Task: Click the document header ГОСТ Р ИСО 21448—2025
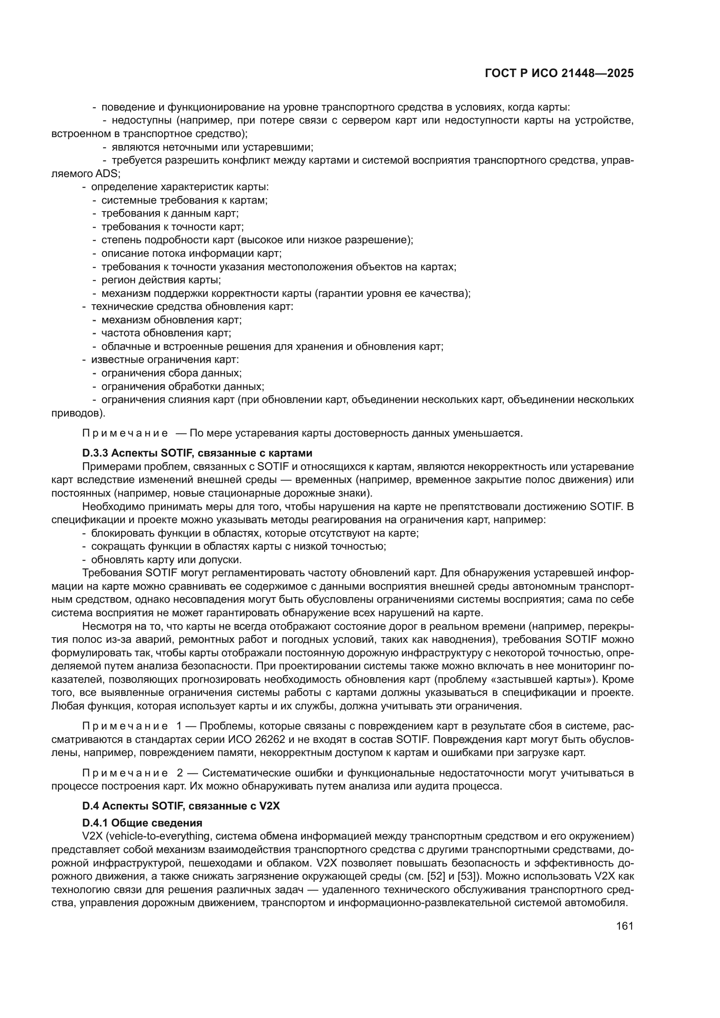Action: [559, 74]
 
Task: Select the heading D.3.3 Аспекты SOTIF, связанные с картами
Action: [197, 453]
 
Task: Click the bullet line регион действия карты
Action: [161, 280]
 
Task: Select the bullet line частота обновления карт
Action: [166, 333]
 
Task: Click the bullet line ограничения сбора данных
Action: [171, 373]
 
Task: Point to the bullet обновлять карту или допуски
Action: [166, 560]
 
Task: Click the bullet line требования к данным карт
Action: [170, 213]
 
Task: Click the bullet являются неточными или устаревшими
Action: [212, 147]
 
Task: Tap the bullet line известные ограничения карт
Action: [165, 359]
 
